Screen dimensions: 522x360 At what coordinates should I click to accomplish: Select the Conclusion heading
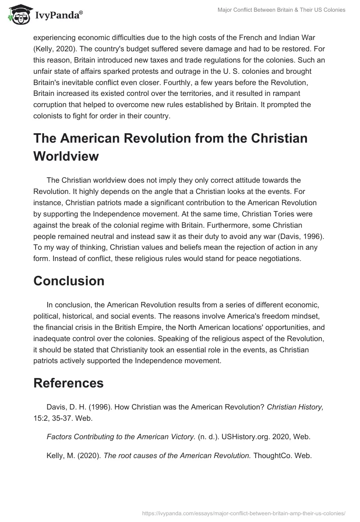[x=69, y=281]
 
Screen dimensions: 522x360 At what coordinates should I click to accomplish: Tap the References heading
[x=68, y=383]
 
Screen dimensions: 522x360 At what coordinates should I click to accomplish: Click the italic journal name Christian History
[x=295, y=407]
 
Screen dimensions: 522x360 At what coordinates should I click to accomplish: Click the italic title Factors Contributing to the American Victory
[x=121, y=436]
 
